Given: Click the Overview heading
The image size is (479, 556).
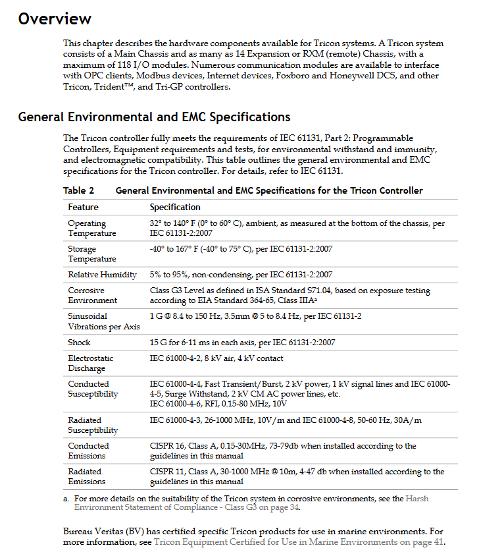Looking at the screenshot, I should tap(55, 18).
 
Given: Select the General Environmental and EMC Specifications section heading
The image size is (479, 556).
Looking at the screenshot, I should tap(154, 117).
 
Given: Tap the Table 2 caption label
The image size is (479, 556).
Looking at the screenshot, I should tap(78, 190).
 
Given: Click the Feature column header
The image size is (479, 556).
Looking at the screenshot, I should tap(83, 207).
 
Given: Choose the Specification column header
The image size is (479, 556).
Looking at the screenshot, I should tap(175, 207).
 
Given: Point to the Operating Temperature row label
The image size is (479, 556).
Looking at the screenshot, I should tap(91, 228).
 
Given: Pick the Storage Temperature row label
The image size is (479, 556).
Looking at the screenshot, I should tap(91, 254).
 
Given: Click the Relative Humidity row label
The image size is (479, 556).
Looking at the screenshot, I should tap(102, 275).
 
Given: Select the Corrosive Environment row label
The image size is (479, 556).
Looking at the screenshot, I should tap(92, 295).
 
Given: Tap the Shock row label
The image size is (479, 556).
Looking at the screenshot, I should tap(79, 343).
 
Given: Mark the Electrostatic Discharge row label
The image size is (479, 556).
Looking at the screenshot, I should tap(91, 363).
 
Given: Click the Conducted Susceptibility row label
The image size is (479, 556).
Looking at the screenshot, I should tap(93, 389).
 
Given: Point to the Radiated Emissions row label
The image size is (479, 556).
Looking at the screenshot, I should tap(86, 476).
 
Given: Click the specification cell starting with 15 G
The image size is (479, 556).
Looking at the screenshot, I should tap(241, 343).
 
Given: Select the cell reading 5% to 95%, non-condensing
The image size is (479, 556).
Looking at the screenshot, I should tap(241, 275).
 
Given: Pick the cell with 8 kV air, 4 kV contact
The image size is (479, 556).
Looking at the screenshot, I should tap(216, 358).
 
